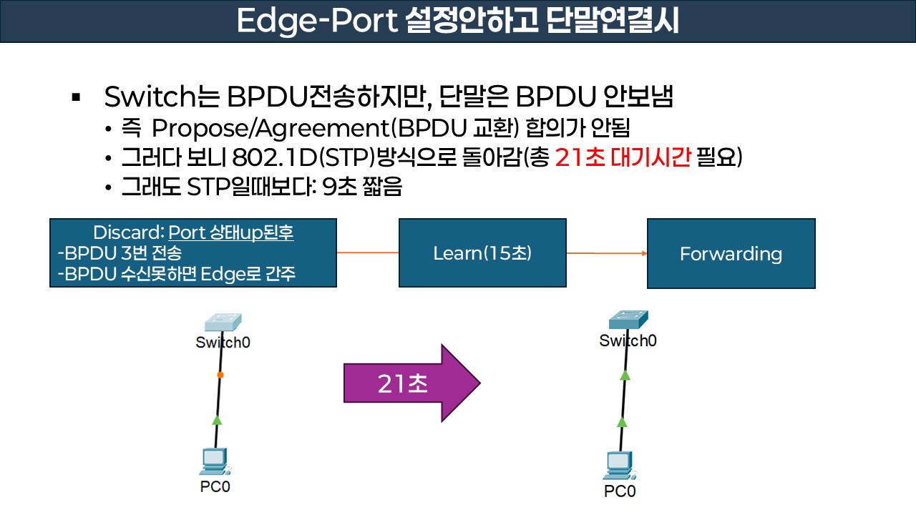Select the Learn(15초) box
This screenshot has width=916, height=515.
(x=482, y=253)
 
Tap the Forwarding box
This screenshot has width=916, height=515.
(x=731, y=253)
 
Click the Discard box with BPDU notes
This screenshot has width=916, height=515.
(x=193, y=253)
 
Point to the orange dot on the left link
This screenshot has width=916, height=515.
(x=220, y=375)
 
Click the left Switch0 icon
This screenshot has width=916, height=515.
(x=222, y=323)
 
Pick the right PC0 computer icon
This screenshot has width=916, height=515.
(x=620, y=466)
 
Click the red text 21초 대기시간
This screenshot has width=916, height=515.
(x=623, y=157)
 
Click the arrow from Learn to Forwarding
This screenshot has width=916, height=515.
(x=607, y=253)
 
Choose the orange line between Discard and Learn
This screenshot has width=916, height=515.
(x=367, y=252)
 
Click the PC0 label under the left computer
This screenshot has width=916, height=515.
(x=215, y=486)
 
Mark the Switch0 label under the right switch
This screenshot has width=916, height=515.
(x=628, y=340)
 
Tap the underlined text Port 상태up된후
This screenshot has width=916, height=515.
(x=230, y=232)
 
